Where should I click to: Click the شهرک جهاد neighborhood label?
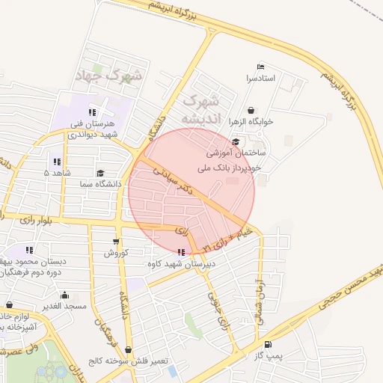(x=109, y=75)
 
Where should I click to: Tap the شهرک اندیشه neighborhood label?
(x=200, y=108)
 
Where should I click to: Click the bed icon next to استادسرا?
(x=260, y=67)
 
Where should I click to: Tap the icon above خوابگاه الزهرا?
(x=250, y=110)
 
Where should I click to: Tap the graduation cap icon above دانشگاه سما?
(x=90, y=173)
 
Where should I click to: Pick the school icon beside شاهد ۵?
(x=57, y=162)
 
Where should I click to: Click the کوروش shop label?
(x=116, y=253)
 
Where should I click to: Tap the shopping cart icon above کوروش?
(x=115, y=242)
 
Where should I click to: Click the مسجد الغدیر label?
(x=64, y=306)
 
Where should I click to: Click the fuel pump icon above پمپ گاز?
(x=268, y=345)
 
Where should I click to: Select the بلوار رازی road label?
(x=34, y=219)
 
